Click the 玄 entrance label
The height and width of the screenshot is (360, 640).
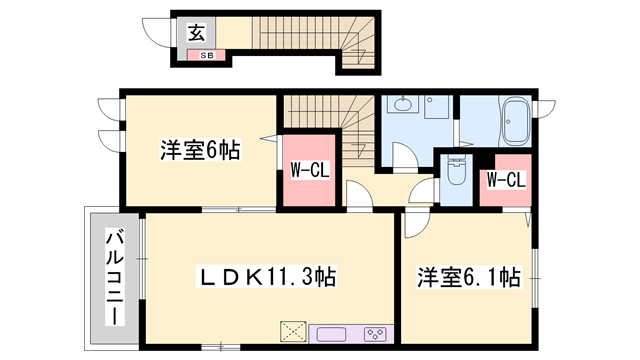[x=196, y=33]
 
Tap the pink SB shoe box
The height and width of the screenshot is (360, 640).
[x=206, y=55]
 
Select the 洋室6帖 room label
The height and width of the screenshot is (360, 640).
[x=200, y=150]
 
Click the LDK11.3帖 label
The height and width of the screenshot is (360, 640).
[x=266, y=277]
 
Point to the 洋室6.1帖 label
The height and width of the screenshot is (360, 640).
[x=469, y=278]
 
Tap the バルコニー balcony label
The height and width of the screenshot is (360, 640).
[x=115, y=277]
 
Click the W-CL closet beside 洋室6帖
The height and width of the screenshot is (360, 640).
[x=309, y=170]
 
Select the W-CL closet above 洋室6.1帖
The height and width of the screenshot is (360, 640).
[x=506, y=180]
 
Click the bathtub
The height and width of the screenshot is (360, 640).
[x=517, y=121]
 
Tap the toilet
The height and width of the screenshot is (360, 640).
[x=456, y=170]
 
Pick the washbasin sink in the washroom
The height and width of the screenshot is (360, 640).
[x=403, y=104]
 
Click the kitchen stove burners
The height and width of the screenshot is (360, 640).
[x=375, y=334]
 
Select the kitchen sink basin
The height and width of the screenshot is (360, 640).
[x=331, y=334]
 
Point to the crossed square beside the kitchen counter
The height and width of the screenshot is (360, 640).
[x=293, y=331]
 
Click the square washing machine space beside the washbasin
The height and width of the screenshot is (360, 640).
[x=436, y=107]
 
